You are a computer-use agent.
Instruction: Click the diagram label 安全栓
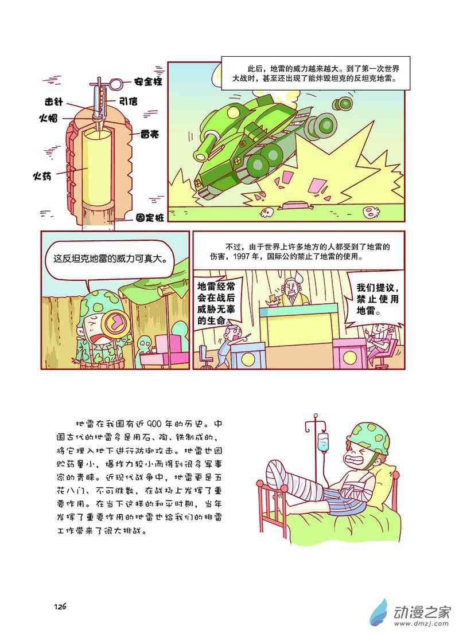tap(147, 81)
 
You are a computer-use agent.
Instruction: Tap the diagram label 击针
tap(54, 101)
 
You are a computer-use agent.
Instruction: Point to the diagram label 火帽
tap(48, 118)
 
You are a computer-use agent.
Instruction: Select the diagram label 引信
tap(128, 101)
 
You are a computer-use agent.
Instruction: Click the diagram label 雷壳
tap(150, 134)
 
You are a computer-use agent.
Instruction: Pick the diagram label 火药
tap(42, 176)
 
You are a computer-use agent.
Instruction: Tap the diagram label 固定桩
tap(150, 217)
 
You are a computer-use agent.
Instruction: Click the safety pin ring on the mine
tap(116, 84)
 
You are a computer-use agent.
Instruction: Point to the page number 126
tap(60, 606)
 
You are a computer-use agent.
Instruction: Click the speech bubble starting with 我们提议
tap(376, 299)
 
